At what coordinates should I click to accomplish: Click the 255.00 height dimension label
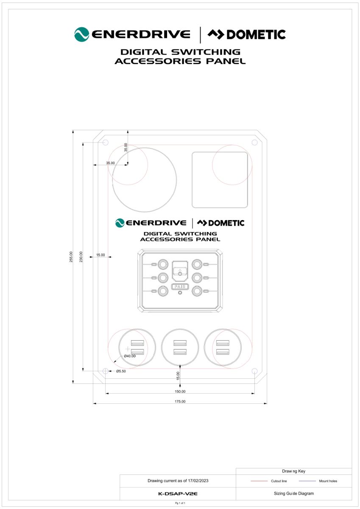pos(71,257)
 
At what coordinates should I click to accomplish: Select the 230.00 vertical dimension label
pos(81,257)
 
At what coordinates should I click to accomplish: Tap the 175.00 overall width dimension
pos(180,402)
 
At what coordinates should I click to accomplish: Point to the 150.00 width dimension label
pos(180,392)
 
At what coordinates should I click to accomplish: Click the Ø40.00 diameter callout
pos(130,356)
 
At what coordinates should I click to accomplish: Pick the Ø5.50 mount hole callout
pos(121,371)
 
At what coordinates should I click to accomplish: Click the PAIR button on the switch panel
pos(180,287)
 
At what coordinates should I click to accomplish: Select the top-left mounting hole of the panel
pos(106,143)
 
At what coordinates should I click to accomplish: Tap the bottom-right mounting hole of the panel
pos(254,371)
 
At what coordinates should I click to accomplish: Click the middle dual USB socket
pos(180,347)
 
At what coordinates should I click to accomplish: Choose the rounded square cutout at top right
pos(220,180)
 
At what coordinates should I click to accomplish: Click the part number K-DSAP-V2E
pos(178,494)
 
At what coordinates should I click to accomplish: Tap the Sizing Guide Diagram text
pos(294,494)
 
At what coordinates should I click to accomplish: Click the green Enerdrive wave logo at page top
pos(81,34)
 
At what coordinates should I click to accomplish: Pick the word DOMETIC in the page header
pos(256,34)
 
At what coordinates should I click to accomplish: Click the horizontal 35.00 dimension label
pos(110,163)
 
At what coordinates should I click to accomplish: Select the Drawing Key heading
pos(294,471)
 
